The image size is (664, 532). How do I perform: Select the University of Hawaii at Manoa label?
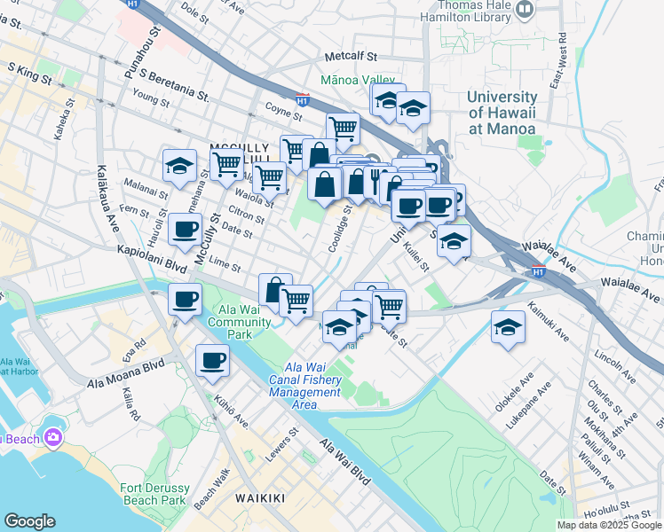[502, 113]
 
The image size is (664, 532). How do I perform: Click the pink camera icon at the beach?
[53, 437]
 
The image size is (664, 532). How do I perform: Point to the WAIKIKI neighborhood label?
[260, 498]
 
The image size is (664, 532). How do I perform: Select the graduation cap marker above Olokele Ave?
[508, 326]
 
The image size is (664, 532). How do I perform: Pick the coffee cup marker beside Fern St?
[185, 229]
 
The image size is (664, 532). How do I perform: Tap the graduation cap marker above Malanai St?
[179, 165]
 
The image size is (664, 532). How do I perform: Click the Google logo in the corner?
[29, 521]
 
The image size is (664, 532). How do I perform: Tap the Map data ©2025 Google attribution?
[609, 525]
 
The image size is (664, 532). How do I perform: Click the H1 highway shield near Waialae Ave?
[538, 270]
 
